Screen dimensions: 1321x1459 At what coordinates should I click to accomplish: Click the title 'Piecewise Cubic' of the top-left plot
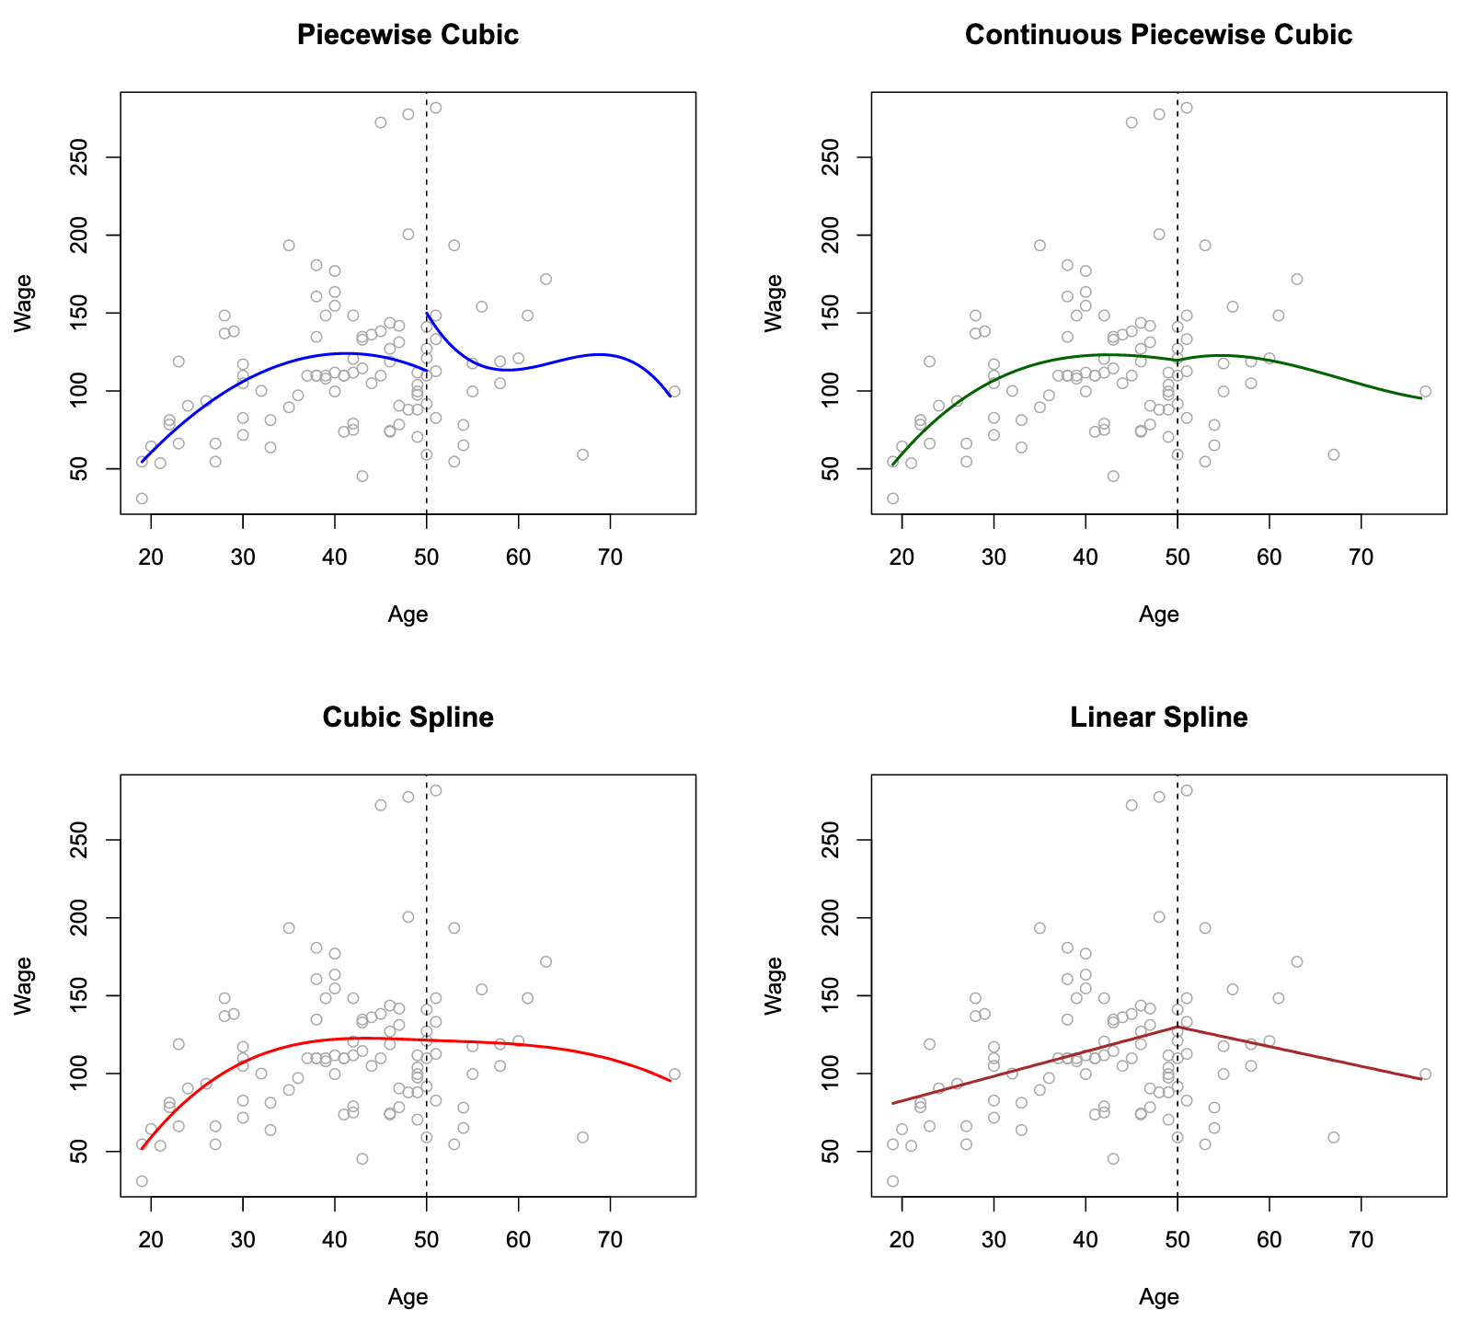click(408, 35)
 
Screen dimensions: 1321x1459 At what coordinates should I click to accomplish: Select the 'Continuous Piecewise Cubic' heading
click(1158, 35)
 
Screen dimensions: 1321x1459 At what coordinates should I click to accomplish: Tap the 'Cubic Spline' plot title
click(408, 718)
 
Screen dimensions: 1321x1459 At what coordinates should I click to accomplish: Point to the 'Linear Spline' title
click(1158, 718)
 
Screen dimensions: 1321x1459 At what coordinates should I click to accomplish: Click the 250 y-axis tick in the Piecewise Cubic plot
click(90, 157)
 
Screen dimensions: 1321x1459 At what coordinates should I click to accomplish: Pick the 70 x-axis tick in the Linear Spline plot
click(1361, 1239)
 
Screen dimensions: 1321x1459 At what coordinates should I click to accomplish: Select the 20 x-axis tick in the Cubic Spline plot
click(151, 1239)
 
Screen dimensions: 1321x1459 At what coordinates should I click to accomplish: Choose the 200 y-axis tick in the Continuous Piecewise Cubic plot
click(841, 235)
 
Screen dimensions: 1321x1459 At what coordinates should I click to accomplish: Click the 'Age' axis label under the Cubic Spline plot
click(408, 1297)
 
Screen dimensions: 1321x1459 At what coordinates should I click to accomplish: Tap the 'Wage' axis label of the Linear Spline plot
click(775, 984)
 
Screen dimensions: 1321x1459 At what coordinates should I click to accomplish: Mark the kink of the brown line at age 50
click(1178, 1027)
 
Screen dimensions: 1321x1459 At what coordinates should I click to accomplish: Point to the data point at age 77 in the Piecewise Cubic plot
click(674, 391)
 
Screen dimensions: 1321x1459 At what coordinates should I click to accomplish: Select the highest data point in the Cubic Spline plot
click(436, 790)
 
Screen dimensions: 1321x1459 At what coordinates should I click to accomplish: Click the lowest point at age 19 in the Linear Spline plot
click(892, 1180)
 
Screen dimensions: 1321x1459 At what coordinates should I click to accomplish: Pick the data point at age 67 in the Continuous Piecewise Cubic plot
click(1333, 454)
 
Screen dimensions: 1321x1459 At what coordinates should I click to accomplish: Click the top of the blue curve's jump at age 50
click(428, 313)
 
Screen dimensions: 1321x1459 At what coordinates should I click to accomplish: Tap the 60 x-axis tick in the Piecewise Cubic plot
click(518, 557)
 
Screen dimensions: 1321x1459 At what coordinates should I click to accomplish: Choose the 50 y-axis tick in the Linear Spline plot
click(841, 1151)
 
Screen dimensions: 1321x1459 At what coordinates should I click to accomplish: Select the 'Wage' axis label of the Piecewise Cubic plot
click(24, 302)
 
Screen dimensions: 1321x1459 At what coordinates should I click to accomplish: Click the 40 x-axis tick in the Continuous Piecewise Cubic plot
click(1086, 557)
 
